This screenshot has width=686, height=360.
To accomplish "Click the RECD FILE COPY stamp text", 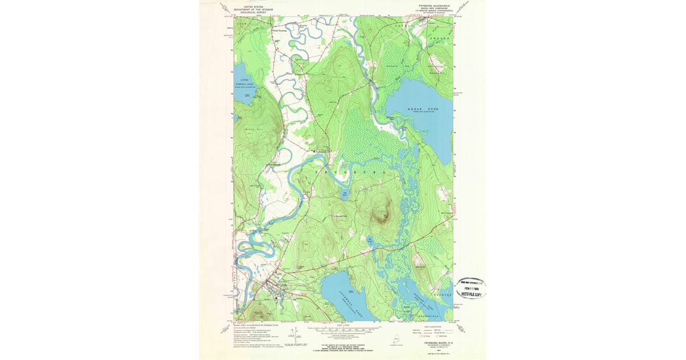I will point(472,294).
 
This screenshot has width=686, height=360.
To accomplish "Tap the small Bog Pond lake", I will point(345,195).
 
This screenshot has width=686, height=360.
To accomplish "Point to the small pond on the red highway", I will point(370,242).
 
